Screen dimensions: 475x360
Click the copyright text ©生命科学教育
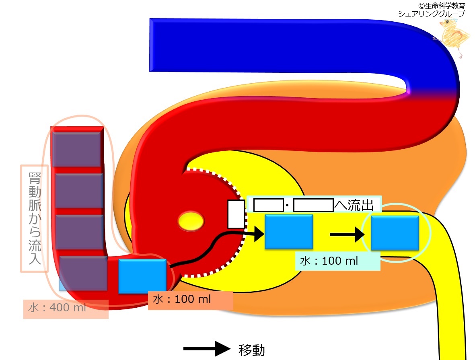(x=442, y=6)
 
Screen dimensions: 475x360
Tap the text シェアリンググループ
(x=432, y=14)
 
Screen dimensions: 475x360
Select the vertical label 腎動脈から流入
(x=35, y=218)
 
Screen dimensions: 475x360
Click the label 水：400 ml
(x=57, y=308)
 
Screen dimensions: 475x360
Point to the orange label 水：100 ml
(x=182, y=299)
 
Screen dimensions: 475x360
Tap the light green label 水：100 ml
(x=329, y=261)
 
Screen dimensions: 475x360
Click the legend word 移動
(x=252, y=350)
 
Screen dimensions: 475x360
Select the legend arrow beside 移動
(x=207, y=349)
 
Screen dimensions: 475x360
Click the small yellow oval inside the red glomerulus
(x=191, y=221)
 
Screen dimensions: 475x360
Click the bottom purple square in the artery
(x=83, y=274)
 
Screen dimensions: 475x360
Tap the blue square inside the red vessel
(x=142, y=276)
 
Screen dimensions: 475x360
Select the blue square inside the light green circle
(x=395, y=233)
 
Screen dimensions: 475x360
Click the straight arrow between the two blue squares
(x=347, y=234)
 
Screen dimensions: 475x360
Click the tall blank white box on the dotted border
(x=236, y=214)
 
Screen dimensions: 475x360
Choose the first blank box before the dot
(x=268, y=205)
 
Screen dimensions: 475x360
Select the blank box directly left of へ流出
(x=314, y=205)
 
